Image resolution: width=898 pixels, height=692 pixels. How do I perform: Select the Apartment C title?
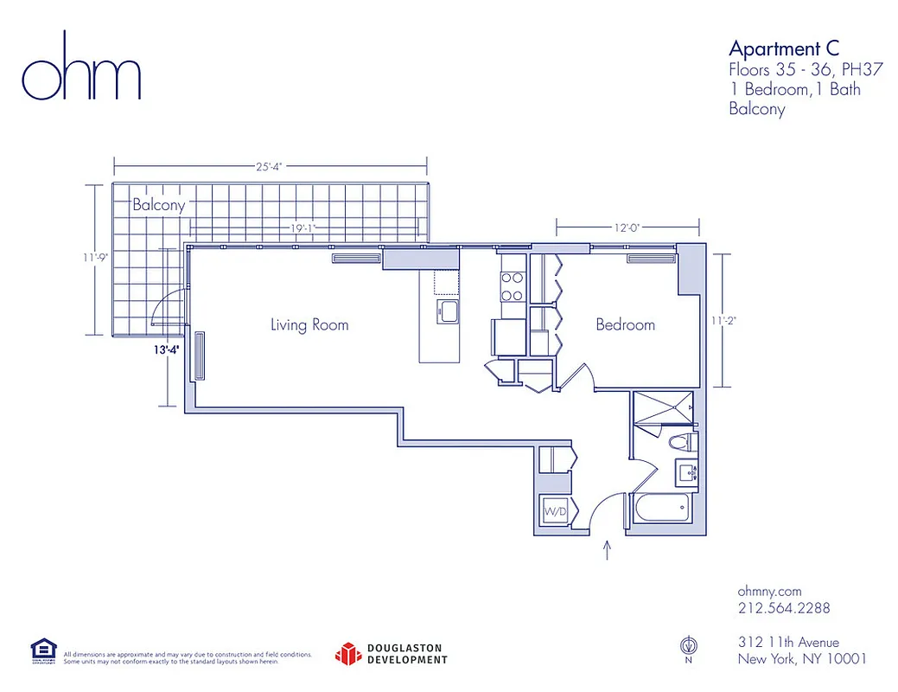point(784,48)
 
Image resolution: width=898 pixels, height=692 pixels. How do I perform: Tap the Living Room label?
point(309,325)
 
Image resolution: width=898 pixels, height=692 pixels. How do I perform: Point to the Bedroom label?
point(625,325)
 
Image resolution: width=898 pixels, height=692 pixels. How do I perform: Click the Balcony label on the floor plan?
point(158,206)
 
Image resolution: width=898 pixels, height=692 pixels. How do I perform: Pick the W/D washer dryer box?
point(555,512)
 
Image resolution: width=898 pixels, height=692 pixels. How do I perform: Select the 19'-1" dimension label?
point(303,229)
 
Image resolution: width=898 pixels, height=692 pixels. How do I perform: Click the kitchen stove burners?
point(512,286)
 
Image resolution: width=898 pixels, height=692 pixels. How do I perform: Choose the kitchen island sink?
point(449,311)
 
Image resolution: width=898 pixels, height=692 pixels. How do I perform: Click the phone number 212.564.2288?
point(784,608)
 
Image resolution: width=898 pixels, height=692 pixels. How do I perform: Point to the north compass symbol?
point(689,644)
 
